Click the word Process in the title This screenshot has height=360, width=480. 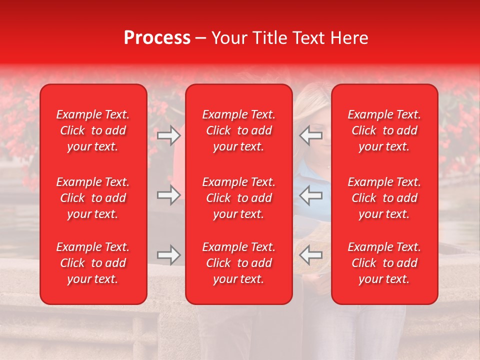(x=157, y=38)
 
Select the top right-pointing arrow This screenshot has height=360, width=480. (x=168, y=135)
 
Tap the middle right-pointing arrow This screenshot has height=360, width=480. (x=168, y=195)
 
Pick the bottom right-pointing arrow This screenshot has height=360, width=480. (x=168, y=255)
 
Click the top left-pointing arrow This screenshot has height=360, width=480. (x=311, y=135)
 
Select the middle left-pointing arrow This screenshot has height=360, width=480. (x=311, y=195)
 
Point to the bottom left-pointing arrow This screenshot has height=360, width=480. (x=311, y=255)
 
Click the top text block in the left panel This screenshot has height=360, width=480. (x=93, y=130)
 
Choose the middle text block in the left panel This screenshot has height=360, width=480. (x=93, y=198)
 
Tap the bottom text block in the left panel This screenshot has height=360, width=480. (x=93, y=263)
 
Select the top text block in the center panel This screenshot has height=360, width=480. (x=238, y=130)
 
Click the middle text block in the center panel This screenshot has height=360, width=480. (x=238, y=198)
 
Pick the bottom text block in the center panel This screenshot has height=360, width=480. (x=238, y=263)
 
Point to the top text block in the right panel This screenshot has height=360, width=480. (x=384, y=130)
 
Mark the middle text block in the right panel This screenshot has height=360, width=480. (x=384, y=198)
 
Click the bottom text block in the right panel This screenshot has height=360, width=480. (x=384, y=263)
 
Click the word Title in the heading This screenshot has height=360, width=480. (x=268, y=38)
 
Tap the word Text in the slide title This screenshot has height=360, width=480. (x=308, y=38)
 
